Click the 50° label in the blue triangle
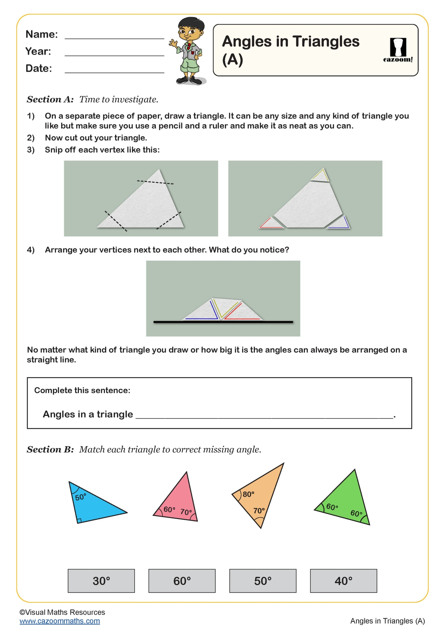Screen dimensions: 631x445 (x=81, y=497)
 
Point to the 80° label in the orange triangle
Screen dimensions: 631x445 (x=248, y=494)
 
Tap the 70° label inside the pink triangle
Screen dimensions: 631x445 (x=186, y=512)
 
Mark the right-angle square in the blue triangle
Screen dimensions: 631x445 (x=79, y=520)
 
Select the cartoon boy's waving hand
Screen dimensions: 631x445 (x=173, y=43)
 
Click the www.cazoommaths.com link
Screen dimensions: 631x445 (x=60, y=621)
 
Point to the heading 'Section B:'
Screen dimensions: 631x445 (x=50, y=449)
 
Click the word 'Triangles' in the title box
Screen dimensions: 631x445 (x=326, y=42)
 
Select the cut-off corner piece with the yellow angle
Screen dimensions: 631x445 (x=320, y=175)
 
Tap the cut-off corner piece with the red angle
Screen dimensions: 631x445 (x=271, y=223)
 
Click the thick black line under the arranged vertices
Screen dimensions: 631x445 (x=223, y=322)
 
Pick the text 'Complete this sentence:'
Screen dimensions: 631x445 (x=82, y=390)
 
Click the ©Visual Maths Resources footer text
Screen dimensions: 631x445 (x=62, y=612)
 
